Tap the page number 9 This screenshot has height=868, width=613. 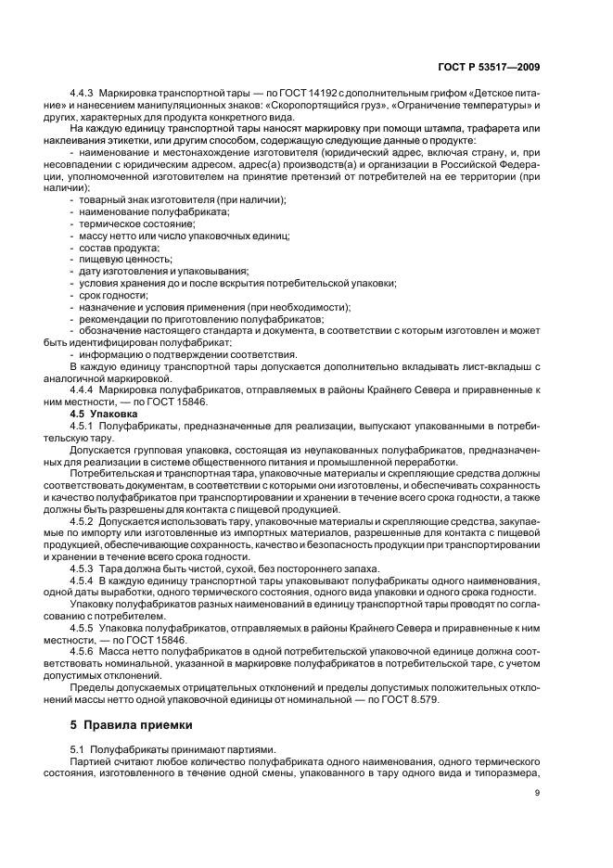coord(538,792)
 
